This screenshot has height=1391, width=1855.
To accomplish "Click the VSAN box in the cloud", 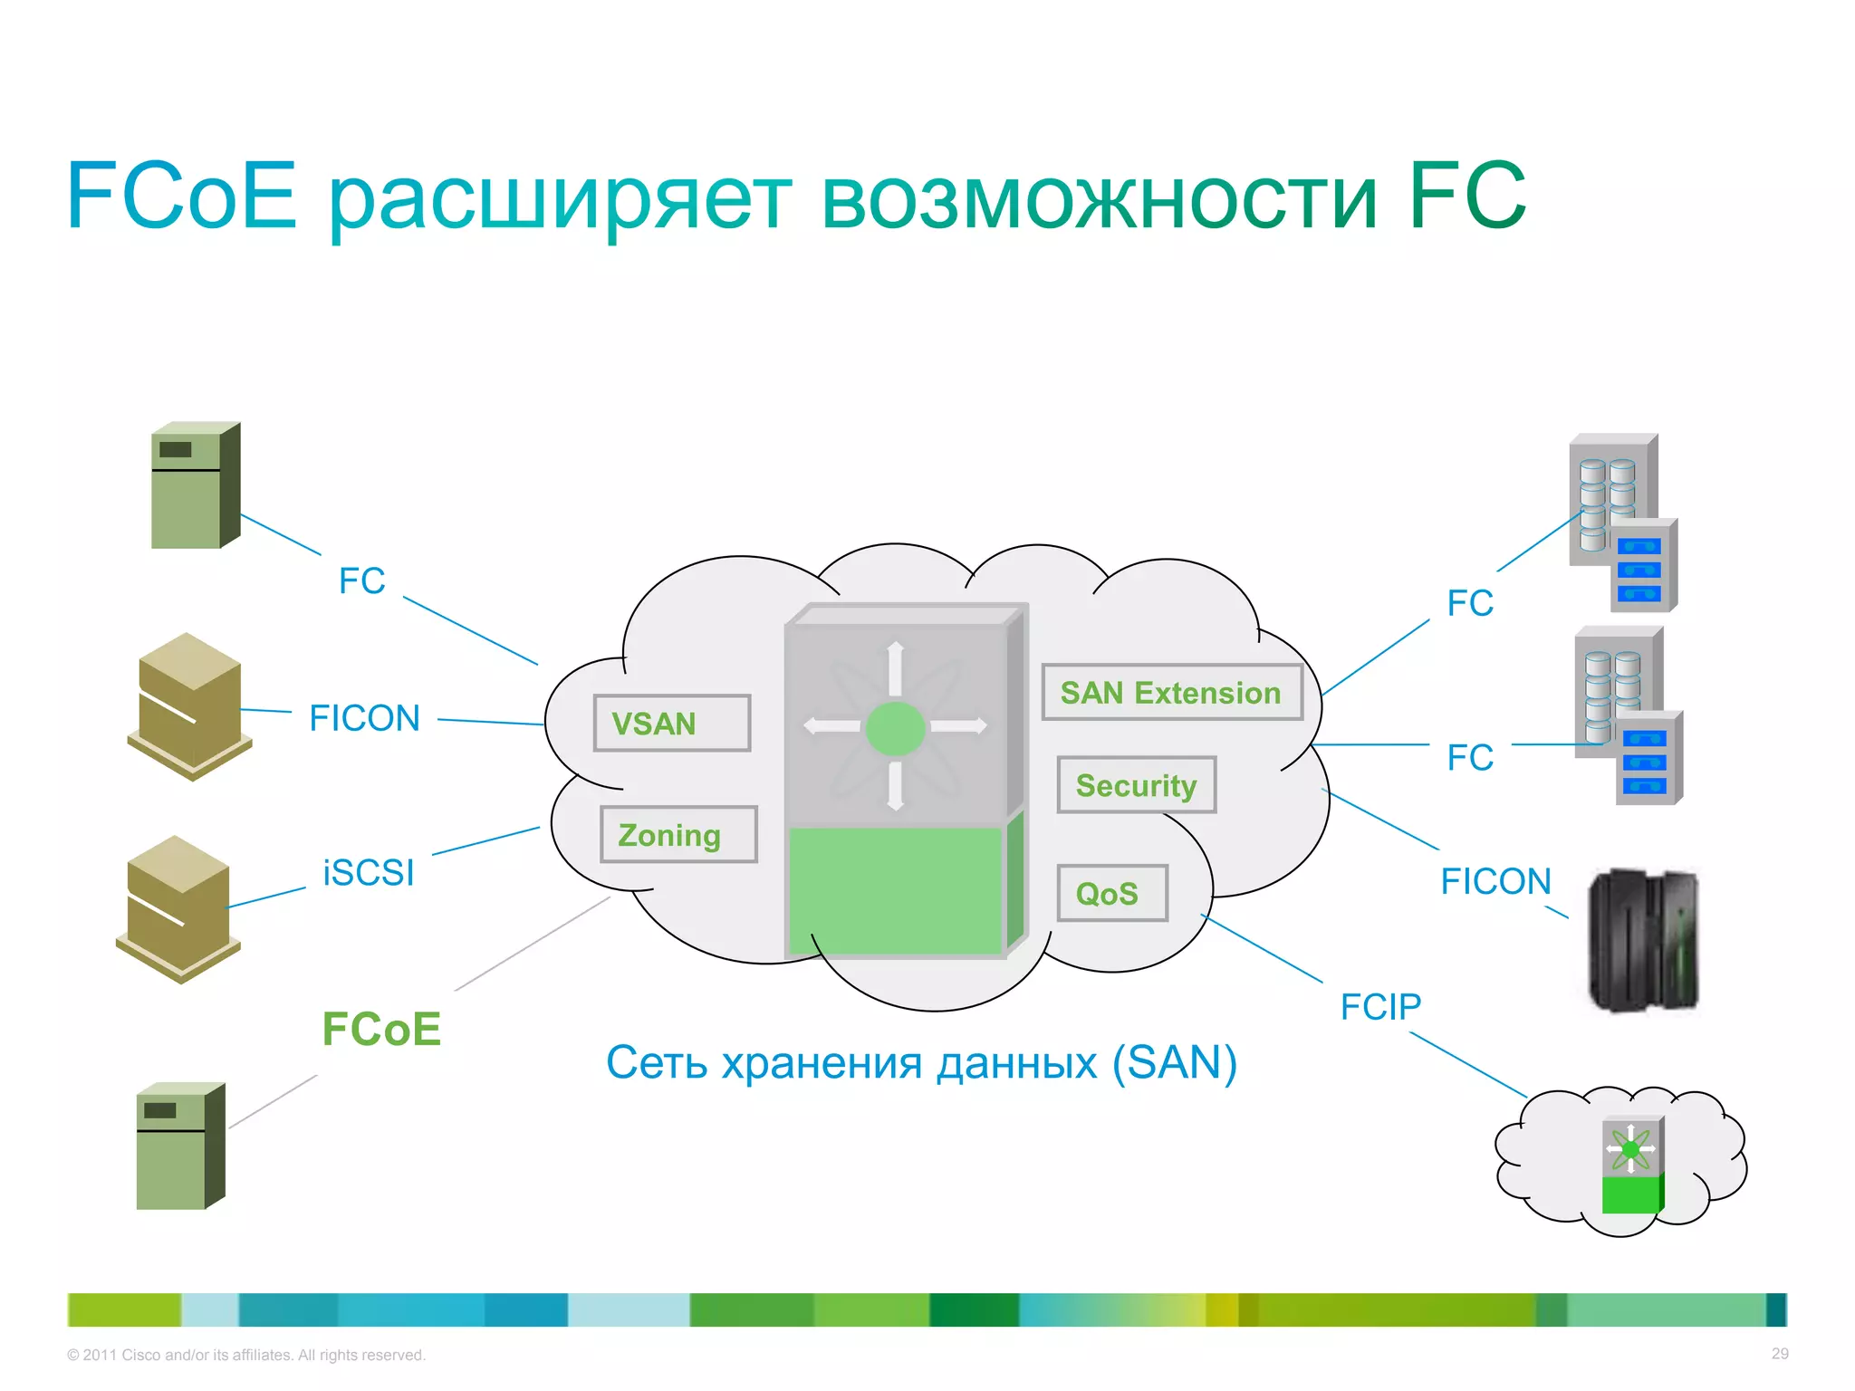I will pos(671,724).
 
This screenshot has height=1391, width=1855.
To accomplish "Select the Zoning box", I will pos(678,834).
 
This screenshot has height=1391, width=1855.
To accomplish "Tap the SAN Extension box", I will pos(1171,693).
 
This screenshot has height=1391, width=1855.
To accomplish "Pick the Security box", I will pos(1136,785).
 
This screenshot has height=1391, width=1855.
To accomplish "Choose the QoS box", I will pos(1111,894).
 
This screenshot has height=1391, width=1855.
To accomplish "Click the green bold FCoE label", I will pos(381,1029).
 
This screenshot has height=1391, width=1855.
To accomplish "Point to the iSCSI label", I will pos(369,873).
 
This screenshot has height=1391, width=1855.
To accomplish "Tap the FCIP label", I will pos(1380,1007).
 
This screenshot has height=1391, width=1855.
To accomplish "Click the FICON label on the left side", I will pos(364,718).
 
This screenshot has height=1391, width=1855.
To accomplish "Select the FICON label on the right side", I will pos(1495,881).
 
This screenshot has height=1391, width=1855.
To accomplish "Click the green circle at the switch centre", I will pos(895,728).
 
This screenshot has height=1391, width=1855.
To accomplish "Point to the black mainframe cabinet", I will pos(1643,939).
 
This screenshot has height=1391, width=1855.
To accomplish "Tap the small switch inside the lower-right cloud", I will pos(1632,1165).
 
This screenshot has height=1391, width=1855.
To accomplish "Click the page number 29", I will pos(1780,1354).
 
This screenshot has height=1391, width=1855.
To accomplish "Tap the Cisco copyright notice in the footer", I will pos(245,1355).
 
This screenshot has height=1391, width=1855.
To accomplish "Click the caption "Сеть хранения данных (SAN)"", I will pos(921,1062).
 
